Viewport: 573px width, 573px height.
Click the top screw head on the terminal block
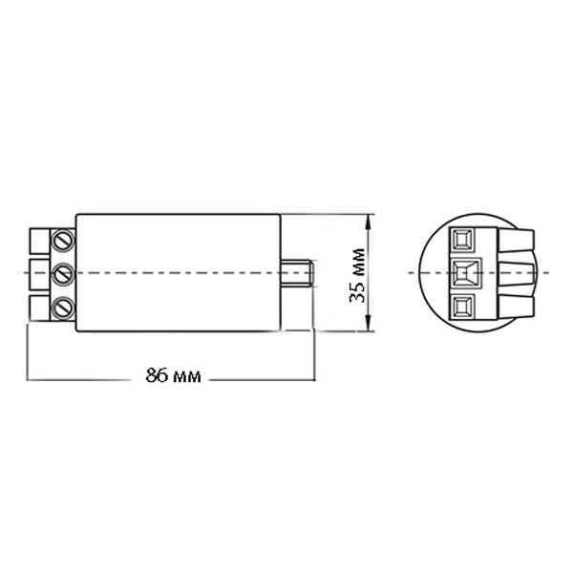[63, 240]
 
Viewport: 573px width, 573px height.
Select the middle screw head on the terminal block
[63, 273]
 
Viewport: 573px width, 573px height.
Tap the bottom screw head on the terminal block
[63, 307]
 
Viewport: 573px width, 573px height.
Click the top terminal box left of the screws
[39, 242]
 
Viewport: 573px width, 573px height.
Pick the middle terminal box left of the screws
[39, 273]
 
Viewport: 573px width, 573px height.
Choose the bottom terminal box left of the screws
[39, 308]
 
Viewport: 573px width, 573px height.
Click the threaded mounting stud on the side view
[297, 273]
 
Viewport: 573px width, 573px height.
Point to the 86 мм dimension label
[173, 375]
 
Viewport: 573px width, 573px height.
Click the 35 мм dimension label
[357, 276]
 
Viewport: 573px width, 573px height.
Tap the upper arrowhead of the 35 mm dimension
[369, 222]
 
